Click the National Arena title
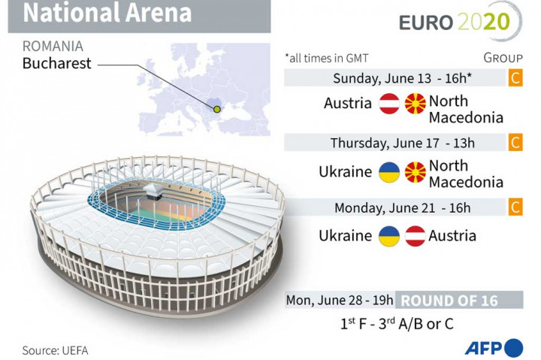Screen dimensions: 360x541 pos(107,14)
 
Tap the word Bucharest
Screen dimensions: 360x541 pos(56,63)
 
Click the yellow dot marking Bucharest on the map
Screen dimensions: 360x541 pos(218,110)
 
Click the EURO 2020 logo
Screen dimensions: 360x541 pos(459,23)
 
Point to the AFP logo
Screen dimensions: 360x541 pos(493,348)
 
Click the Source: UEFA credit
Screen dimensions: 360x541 pos(60,350)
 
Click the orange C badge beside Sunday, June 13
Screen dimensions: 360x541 pos(515,78)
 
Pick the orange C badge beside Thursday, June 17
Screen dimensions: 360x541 pos(515,143)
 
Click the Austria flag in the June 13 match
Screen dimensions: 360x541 pos(388,104)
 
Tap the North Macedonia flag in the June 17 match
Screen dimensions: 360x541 pos(415,172)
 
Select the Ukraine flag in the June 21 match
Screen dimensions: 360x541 pos(388,236)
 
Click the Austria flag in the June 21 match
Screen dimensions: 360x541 pos(415,236)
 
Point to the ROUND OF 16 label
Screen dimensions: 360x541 pos(449,301)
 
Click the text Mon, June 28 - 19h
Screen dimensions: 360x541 pos(340,301)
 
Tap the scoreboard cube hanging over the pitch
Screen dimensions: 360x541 pos(156,192)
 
